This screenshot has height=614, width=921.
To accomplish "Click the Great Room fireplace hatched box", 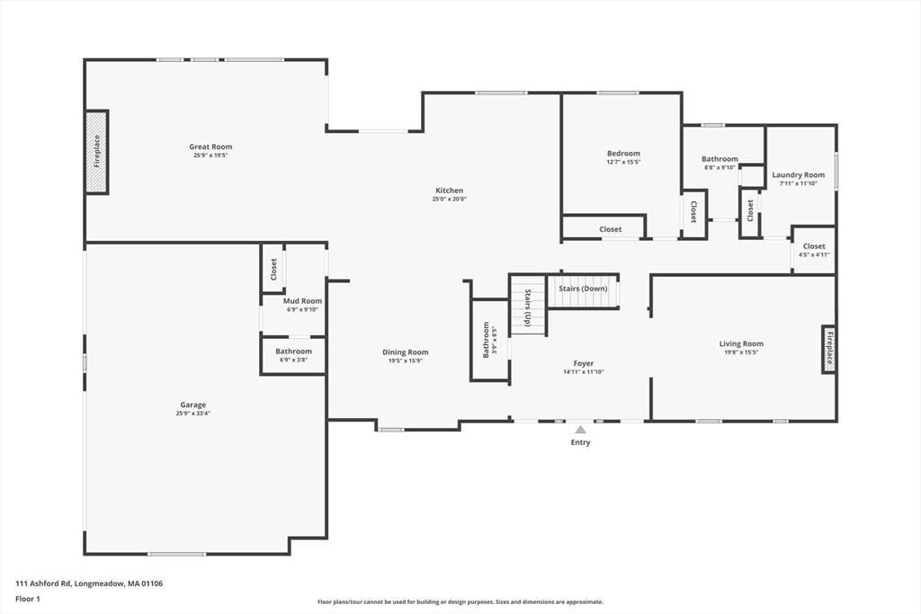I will [97, 152].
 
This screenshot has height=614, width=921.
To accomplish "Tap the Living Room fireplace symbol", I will [829, 349].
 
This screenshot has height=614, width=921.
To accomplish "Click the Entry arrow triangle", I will [581, 430].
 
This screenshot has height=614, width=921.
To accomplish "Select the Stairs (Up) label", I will [528, 306].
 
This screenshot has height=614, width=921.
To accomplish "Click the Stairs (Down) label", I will [583, 289].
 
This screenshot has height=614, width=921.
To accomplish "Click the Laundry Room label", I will [798, 175].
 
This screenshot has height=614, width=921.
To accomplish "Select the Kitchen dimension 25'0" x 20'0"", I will [449, 200].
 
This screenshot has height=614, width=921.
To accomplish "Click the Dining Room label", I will [406, 352].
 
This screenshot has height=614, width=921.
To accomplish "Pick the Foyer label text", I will [583, 363].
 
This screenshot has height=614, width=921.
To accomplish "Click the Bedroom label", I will [623, 154].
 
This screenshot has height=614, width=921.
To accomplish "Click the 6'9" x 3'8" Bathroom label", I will [293, 351].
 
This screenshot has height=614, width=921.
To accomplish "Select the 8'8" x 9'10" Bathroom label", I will [720, 159].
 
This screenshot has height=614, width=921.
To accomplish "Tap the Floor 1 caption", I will [28, 598].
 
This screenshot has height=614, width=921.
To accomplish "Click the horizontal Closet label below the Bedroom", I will [610, 229].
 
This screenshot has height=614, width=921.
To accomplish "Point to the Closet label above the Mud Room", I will [273, 269].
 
